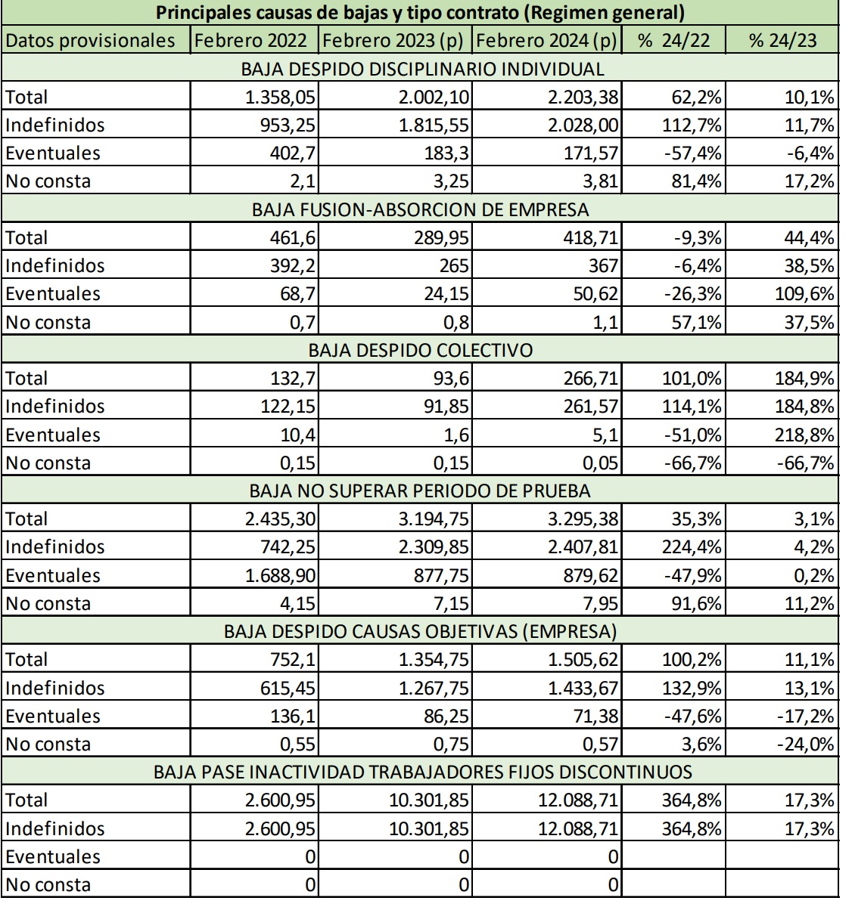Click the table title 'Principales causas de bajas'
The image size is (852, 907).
click(420, 13)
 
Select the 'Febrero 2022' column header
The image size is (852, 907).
click(250, 41)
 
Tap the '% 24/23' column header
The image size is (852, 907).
click(782, 41)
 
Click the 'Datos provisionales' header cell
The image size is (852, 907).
click(90, 41)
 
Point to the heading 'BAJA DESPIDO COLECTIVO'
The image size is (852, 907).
click(420, 351)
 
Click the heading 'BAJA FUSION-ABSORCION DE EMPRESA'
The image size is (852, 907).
click(420, 209)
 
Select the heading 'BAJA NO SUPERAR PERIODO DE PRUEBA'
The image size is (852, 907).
click(420, 491)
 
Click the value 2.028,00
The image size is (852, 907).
click(583, 125)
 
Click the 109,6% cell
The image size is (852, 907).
click(805, 294)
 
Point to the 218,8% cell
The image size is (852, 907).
click(805, 435)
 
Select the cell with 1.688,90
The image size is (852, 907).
click(280, 576)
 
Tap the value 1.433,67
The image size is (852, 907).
click(583, 689)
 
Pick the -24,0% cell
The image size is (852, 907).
click(805, 744)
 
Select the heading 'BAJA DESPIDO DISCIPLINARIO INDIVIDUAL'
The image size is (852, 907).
click(420, 69)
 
